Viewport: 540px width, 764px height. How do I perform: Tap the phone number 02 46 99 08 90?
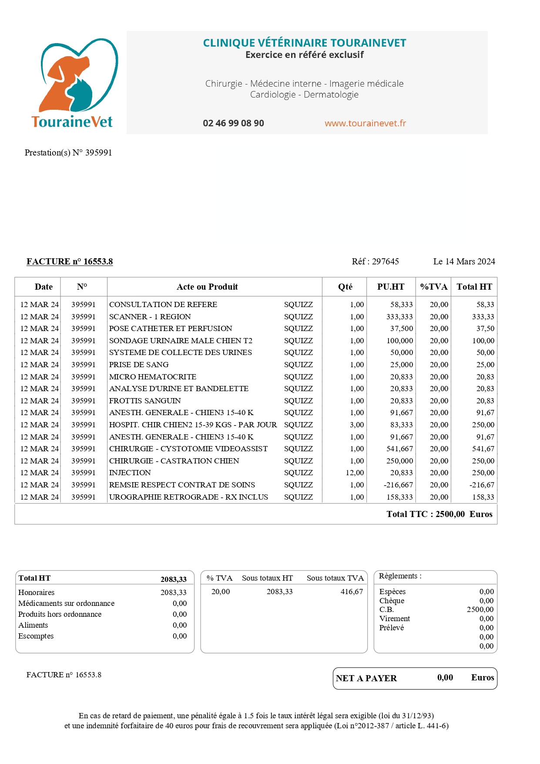point(233,123)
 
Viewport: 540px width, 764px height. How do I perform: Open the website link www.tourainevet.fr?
point(365,123)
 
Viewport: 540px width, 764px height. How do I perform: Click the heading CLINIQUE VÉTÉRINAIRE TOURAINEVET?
point(305,43)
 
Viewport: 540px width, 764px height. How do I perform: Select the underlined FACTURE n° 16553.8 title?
point(70,261)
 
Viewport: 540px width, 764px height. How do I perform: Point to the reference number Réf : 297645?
point(375,261)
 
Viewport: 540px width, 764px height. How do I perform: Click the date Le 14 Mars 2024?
point(464,261)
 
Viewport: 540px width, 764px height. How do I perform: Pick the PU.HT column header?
point(390,287)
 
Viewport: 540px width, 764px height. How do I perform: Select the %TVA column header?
point(433,287)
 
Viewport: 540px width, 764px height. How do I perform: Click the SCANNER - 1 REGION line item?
point(150,317)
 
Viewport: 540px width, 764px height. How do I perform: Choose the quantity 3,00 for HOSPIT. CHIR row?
point(357,425)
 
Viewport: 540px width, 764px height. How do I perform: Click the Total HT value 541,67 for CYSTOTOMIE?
point(483,449)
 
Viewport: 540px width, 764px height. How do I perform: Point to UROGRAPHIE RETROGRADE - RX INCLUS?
point(188,497)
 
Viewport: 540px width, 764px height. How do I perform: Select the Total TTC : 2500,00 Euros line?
point(439,514)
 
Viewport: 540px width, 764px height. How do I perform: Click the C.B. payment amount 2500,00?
point(480,609)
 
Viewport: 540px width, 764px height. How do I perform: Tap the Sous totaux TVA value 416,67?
point(352,592)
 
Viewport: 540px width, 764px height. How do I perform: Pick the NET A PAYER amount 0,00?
point(445,678)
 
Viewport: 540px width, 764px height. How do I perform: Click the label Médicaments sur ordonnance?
point(66,603)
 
